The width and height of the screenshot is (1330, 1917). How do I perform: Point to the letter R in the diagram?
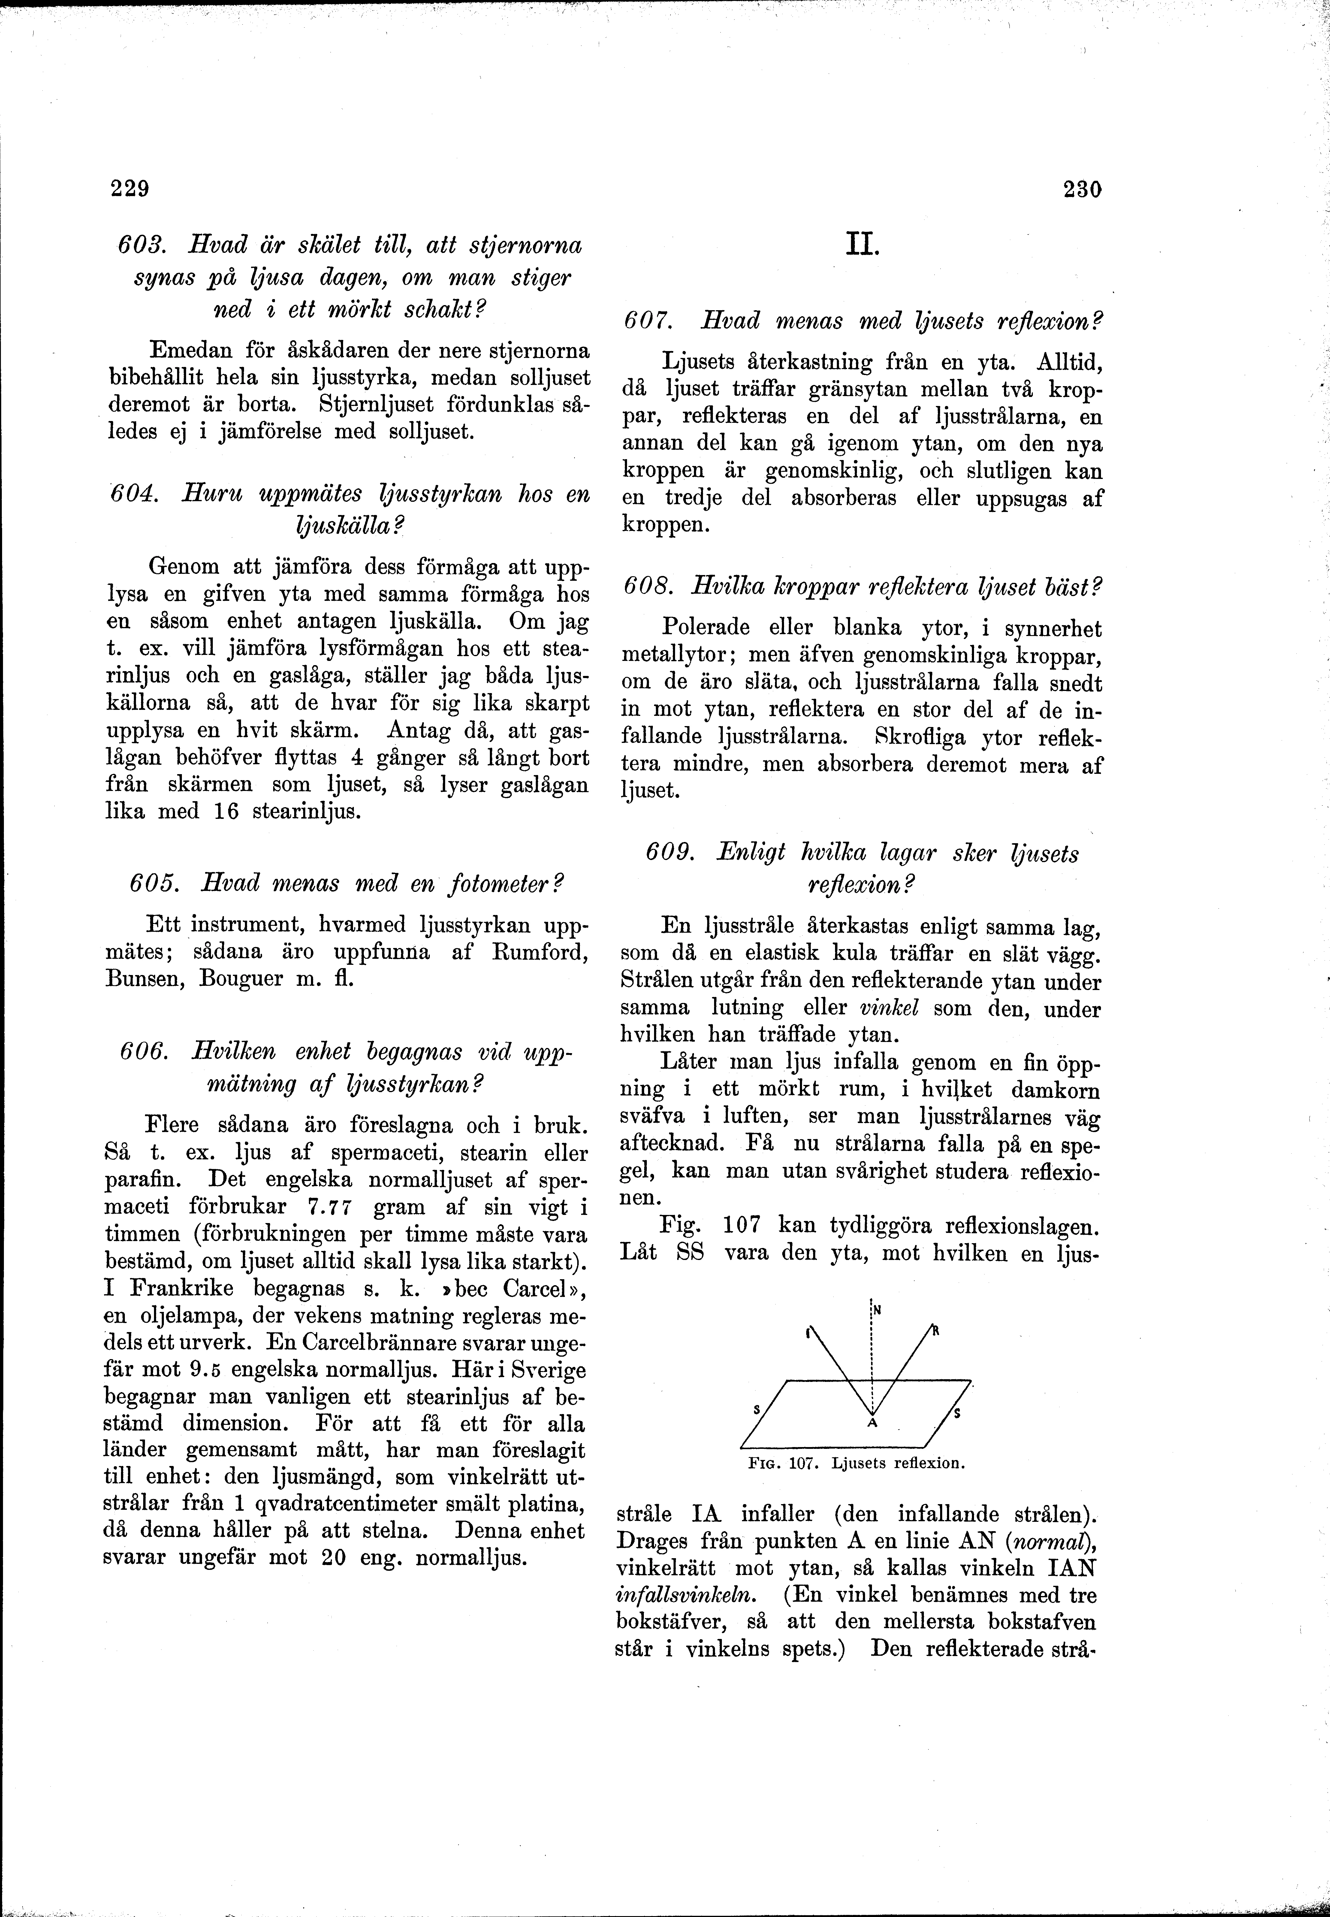tap(936, 1331)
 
